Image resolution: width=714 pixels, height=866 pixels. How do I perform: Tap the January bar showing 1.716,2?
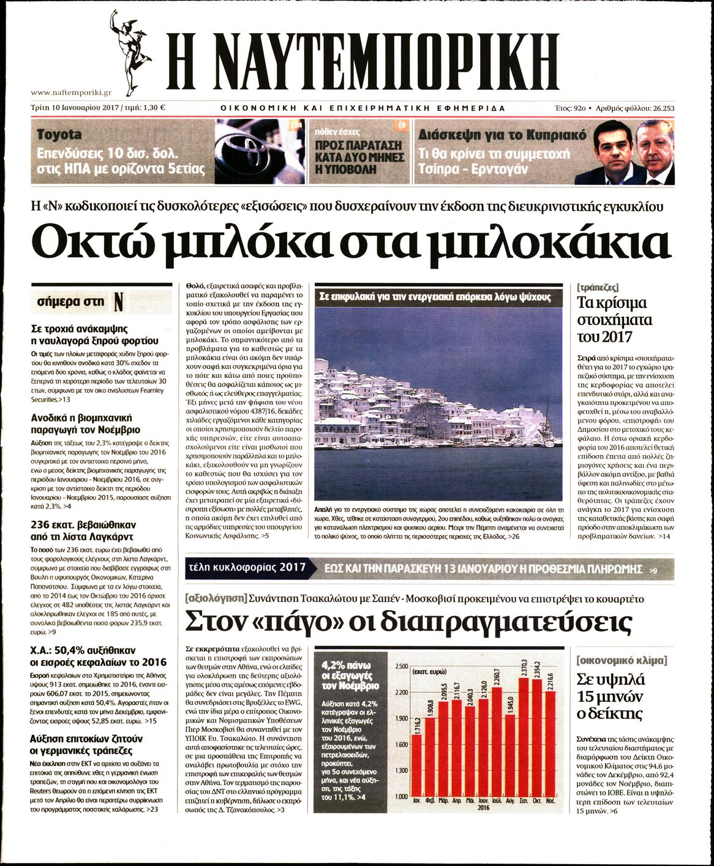tap(416, 766)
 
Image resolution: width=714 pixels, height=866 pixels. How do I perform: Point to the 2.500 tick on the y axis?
tap(401, 666)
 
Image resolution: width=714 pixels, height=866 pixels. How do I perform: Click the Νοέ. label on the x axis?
tap(550, 800)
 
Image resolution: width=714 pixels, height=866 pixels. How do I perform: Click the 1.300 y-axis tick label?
tap(401, 770)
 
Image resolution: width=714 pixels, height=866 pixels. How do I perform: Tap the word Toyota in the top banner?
tap(59, 134)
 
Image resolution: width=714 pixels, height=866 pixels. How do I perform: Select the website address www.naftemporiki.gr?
tap(71, 92)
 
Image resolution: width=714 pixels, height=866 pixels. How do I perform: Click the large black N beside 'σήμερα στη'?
tap(118, 301)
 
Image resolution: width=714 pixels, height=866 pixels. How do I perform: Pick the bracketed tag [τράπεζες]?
tap(598, 287)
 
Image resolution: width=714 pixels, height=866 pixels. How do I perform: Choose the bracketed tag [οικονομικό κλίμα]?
tap(622, 661)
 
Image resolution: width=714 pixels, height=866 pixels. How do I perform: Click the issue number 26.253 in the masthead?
tap(660, 108)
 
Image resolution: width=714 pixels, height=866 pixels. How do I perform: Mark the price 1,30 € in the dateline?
tap(154, 108)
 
